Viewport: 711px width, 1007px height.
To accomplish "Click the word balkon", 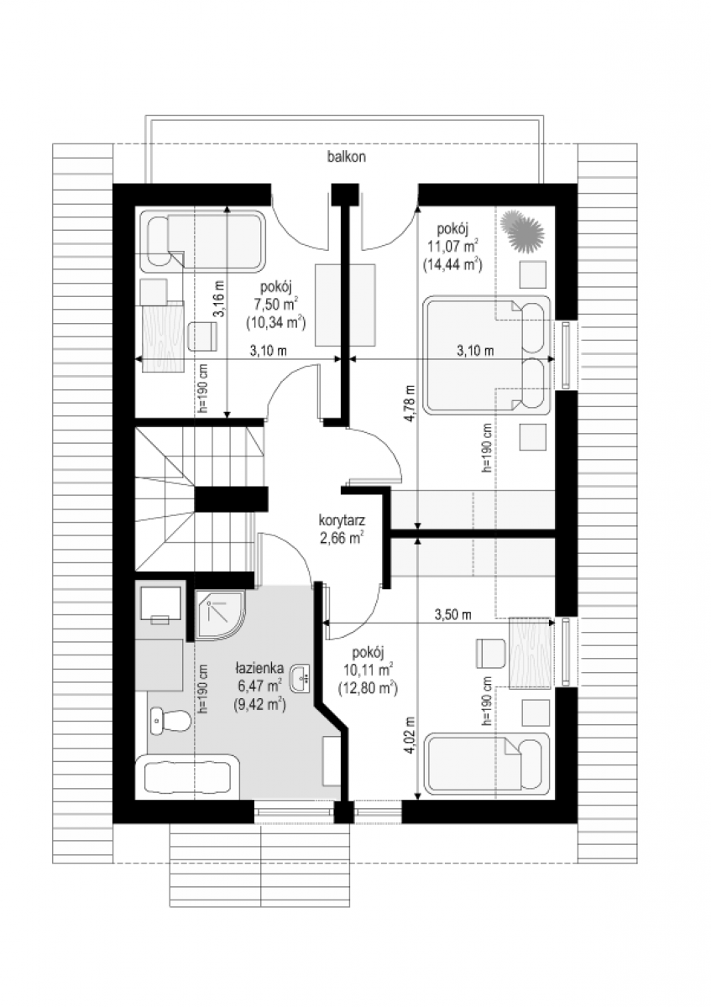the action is tap(346, 157).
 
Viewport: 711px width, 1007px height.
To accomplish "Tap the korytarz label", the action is tap(342, 520).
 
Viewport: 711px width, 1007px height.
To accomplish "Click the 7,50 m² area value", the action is tap(275, 305).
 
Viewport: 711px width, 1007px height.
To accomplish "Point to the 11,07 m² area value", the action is tap(452, 247).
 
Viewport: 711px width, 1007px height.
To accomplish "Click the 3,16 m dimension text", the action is tap(220, 298).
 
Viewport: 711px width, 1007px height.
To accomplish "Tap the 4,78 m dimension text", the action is tap(411, 404).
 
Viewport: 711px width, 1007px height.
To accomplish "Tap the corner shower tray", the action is tap(220, 615).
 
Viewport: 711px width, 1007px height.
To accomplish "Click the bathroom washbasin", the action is tap(301, 677).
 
